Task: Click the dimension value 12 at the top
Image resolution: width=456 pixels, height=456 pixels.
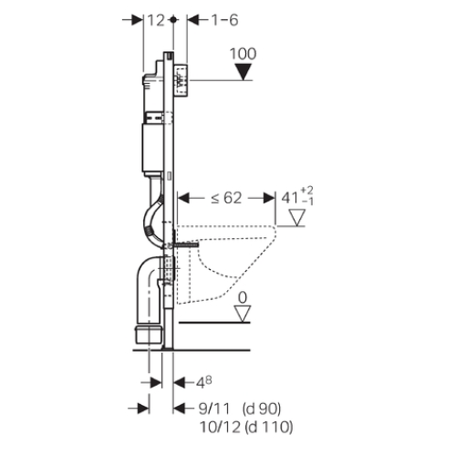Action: (156, 20)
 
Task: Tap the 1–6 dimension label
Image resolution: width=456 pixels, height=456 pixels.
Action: (224, 20)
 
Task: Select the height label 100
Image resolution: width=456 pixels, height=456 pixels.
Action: (243, 54)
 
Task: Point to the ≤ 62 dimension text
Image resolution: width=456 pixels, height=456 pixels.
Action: (226, 198)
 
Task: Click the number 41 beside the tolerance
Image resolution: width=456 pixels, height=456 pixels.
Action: (290, 199)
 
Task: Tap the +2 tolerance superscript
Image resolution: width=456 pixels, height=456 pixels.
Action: (306, 191)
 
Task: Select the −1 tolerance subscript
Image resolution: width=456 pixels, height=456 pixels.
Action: (307, 202)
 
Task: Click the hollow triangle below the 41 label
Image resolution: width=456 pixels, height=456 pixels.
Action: (296, 217)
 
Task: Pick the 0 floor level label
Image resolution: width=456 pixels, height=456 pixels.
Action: (243, 298)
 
